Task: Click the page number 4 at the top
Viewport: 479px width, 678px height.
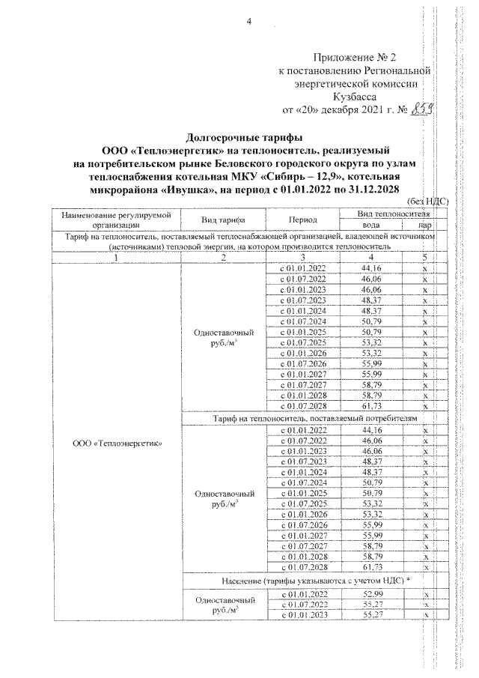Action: (249, 20)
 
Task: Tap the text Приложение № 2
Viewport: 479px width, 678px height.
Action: (362, 58)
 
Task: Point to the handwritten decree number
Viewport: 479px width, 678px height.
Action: (424, 110)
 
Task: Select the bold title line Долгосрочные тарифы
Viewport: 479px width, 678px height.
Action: (244, 137)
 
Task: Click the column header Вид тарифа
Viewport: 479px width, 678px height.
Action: (225, 219)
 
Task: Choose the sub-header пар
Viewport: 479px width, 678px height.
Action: (424, 224)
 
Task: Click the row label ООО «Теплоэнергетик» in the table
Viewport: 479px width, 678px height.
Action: (118, 442)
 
